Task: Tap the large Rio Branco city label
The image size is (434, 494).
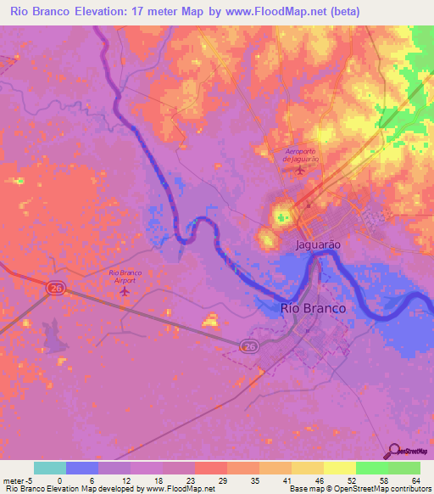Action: [313, 308]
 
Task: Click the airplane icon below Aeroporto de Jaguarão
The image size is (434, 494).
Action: [300, 171]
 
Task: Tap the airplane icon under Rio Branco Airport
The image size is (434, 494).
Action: [126, 291]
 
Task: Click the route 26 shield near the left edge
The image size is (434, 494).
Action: [56, 289]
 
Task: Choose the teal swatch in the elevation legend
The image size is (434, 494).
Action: [50, 468]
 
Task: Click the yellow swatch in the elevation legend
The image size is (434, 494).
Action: [340, 468]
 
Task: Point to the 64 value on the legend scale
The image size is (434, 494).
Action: [415, 480]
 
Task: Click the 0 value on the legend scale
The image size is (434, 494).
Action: [59, 480]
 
